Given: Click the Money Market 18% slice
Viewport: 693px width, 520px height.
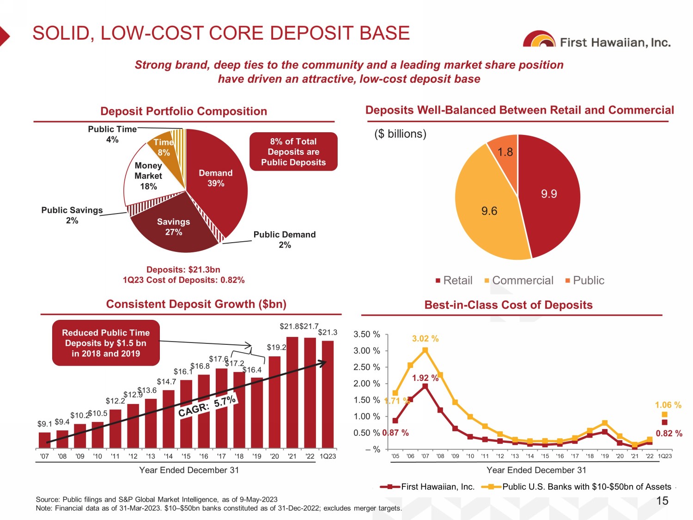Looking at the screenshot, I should pyautogui.click(x=148, y=176).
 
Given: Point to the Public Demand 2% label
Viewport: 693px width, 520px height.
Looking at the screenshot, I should pyautogui.click(x=285, y=239).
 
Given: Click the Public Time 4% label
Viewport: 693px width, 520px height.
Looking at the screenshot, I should pyautogui.click(x=112, y=134).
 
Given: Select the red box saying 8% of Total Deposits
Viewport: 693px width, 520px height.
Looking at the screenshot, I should pyautogui.click(x=293, y=152).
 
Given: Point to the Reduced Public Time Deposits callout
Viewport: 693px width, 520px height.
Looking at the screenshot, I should pyautogui.click(x=106, y=343).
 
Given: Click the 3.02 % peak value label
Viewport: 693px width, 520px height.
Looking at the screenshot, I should pyautogui.click(x=425, y=339).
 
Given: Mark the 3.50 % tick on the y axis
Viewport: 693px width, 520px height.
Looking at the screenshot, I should pyautogui.click(x=366, y=334).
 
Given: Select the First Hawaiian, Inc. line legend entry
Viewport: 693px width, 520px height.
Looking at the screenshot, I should pyautogui.click(x=427, y=487).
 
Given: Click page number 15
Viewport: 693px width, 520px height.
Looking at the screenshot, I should pyautogui.click(x=662, y=501).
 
